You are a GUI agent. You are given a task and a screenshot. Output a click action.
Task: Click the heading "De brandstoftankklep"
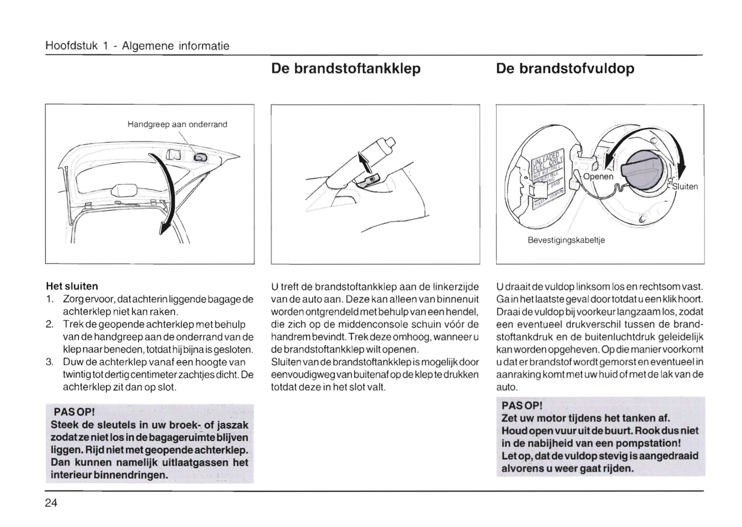click(346, 69)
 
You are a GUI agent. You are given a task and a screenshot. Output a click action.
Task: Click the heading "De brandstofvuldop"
click(565, 69)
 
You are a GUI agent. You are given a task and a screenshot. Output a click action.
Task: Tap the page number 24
click(51, 503)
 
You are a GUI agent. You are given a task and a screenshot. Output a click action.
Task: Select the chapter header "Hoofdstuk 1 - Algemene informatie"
click(137, 46)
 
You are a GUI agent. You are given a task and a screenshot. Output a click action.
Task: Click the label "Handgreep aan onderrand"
click(177, 124)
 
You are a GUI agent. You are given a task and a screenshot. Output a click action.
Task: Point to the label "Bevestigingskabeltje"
click(566, 240)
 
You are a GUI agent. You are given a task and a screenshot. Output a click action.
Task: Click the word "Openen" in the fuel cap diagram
click(598, 176)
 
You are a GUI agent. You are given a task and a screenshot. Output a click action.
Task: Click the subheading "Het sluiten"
click(72, 286)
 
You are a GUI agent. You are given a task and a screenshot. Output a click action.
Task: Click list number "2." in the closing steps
click(50, 325)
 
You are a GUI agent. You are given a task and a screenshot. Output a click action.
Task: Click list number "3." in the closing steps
click(50, 362)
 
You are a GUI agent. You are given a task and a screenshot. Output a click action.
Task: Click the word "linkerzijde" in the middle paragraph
click(455, 287)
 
